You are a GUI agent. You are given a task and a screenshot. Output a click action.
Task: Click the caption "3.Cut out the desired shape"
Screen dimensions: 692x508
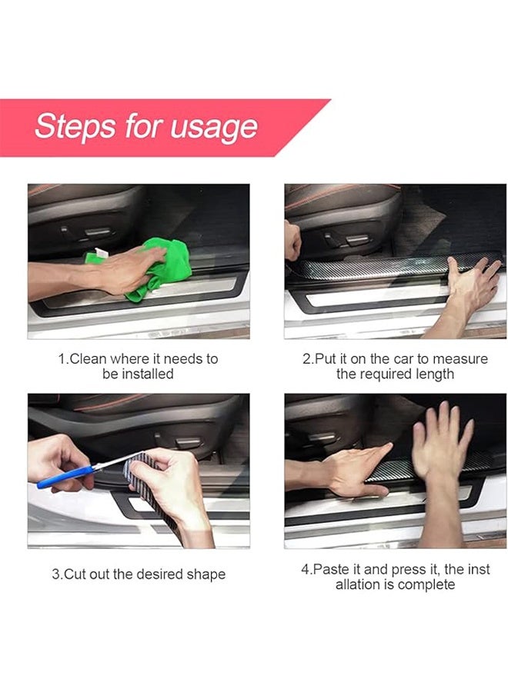[139, 574]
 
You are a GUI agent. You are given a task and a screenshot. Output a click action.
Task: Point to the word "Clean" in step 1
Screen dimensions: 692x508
[89, 359]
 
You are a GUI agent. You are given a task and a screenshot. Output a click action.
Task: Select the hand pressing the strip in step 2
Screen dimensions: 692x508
[471, 288]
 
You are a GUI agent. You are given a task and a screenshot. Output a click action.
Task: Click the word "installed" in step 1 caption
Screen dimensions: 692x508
[148, 374]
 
